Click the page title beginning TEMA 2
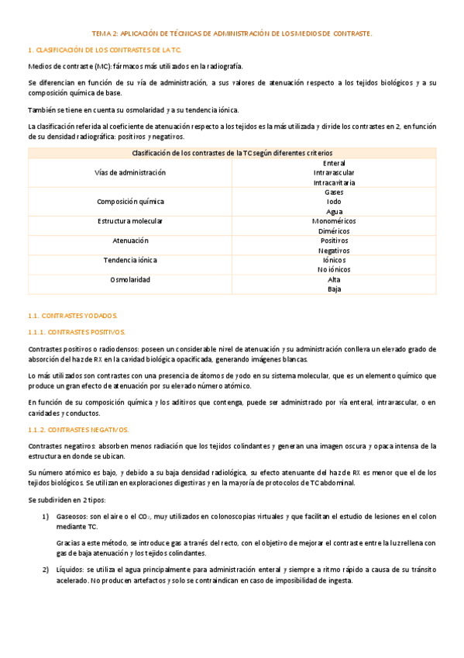click(232, 34)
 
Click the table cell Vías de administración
click(130, 172)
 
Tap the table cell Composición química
click(130, 201)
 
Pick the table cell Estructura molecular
click(130, 221)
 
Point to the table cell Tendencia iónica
click(130, 260)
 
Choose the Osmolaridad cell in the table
click(130, 279)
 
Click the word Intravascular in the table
click(334, 172)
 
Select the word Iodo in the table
click(334, 201)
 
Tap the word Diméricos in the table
click(334, 231)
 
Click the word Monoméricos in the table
click(334, 221)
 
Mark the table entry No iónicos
click(334, 269)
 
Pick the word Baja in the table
click(334, 289)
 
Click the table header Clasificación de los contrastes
click(232, 153)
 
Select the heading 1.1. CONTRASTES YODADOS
click(72, 316)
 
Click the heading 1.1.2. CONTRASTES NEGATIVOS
click(78, 429)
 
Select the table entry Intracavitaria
click(334, 182)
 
